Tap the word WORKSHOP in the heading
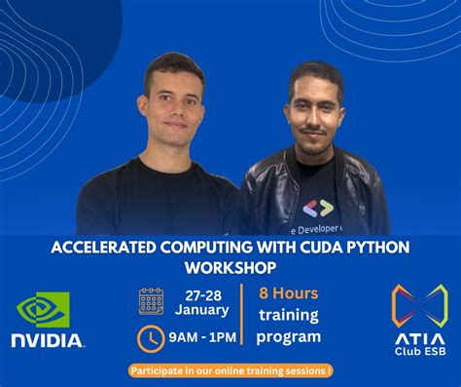(230, 268)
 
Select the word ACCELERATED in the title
(103, 248)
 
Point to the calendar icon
(151, 301)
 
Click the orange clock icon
(151, 339)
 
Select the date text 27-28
(203, 295)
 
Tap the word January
(202, 310)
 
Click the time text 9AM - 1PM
(202, 337)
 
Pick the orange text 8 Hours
(289, 293)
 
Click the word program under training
(289, 337)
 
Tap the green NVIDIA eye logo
(44, 310)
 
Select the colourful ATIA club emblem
(420, 306)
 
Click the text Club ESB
(420, 351)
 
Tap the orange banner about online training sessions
(230, 370)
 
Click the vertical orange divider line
(241, 314)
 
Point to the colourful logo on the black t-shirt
(318, 209)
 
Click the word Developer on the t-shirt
(317, 229)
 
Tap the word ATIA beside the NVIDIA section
(420, 339)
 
